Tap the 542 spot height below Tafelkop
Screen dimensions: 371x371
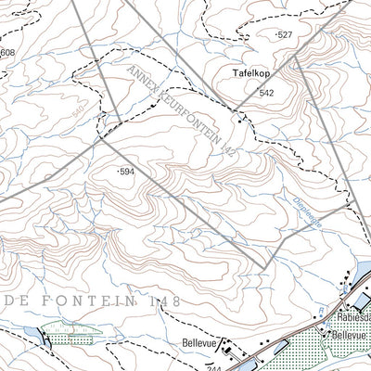click(x=267, y=93)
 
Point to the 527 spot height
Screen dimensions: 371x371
click(x=287, y=34)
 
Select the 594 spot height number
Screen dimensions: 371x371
click(x=128, y=172)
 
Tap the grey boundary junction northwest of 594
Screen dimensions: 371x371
click(x=99, y=142)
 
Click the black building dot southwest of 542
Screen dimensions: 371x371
click(x=239, y=121)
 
